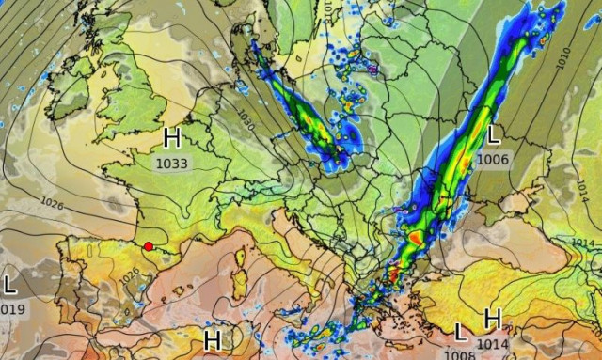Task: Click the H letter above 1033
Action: (172, 139)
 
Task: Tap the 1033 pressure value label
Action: (172, 163)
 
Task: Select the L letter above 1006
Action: (493, 135)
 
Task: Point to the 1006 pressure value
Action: (493, 159)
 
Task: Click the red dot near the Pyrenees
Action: (149, 246)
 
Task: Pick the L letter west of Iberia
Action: (9, 284)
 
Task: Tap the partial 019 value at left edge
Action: (12, 307)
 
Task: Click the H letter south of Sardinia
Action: (213, 337)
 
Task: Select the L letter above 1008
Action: (460, 332)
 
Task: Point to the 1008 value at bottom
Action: (460, 354)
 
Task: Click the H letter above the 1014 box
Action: (492, 320)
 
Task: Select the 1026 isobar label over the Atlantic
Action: (53, 201)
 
